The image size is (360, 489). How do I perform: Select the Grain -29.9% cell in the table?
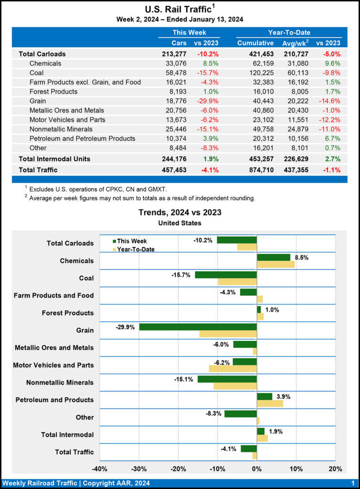tap(208, 101)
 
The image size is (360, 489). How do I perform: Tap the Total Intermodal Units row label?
tap(54, 159)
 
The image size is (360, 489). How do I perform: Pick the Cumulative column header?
tap(255, 43)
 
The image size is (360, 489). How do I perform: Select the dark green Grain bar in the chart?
tap(198, 327)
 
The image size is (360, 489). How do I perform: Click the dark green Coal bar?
tap(226, 275)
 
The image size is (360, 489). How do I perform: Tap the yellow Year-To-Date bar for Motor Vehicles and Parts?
tap(233, 369)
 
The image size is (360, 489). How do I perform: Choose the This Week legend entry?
tap(130, 241)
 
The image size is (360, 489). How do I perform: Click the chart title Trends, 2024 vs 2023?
tap(180, 213)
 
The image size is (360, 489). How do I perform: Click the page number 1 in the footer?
tap(352, 483)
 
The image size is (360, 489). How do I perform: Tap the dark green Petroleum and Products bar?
tap(265, 396)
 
